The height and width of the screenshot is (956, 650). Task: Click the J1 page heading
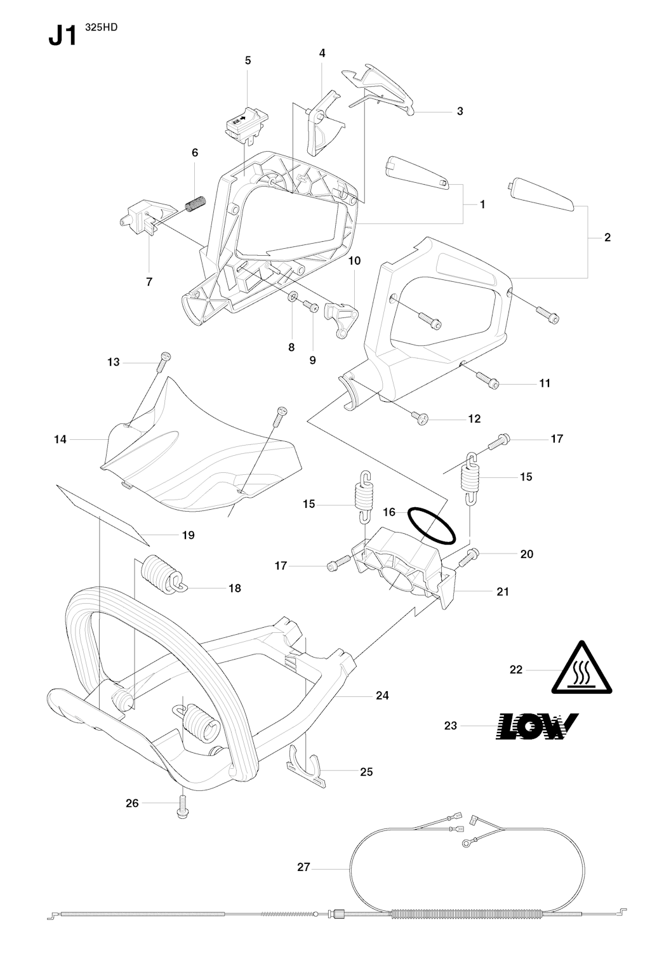63,36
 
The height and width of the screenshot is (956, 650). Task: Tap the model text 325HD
101,28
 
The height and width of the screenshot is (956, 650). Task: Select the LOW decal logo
536,726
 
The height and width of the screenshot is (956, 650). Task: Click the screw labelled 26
182,807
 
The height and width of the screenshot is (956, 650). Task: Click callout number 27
303,866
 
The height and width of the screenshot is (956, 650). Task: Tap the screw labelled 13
164,362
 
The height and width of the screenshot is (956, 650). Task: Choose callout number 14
60,439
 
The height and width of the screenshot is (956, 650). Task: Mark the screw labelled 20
468,557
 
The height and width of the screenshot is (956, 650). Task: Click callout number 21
502,592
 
